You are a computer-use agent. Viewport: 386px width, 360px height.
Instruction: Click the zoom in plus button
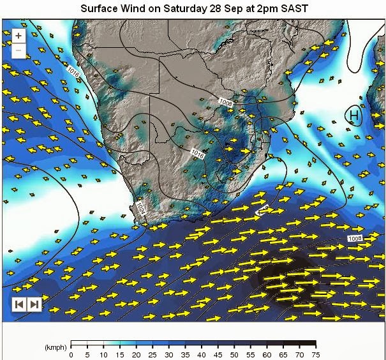(19, 36)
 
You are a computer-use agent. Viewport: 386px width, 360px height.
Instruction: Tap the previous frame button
(20, 304)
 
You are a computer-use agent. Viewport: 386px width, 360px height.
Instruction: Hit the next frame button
(34, 304)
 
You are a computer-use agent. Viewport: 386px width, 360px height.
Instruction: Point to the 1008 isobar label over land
(225, 102)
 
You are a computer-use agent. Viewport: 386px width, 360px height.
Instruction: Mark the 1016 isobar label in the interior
(197, 154)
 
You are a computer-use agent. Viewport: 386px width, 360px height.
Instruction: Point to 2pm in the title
(266, 9)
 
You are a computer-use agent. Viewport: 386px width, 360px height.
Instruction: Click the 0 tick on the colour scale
(71, 354)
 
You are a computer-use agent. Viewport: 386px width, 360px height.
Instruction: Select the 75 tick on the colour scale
(315, 354)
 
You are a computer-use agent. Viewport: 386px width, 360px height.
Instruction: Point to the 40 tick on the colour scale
(201, 354)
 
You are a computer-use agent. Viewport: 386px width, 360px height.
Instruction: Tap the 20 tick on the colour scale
(136, 354)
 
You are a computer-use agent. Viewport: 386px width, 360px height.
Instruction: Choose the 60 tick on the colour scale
(266, 354)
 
